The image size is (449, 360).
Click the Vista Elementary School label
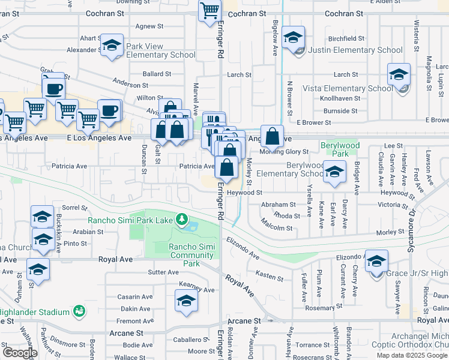[x=348, y=88]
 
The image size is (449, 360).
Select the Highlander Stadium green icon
[x=79, y=311]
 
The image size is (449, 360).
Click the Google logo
[x=19, y=353]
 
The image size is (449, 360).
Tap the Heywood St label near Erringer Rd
[x=246, y=192]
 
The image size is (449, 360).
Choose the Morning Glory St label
[x=284, y=152]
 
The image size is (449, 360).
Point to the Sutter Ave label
[x=163, y=272]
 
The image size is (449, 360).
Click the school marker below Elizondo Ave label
[x=377, y=262]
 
